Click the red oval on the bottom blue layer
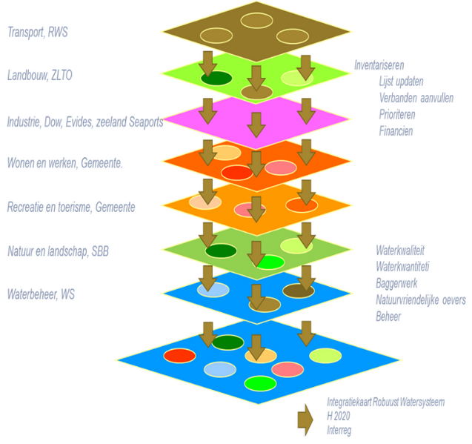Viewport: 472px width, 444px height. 179,356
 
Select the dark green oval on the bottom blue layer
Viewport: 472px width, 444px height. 227,342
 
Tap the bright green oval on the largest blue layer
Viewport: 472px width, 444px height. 260,383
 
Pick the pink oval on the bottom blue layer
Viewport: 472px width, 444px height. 288,368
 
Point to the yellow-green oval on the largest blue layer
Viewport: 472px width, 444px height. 325,356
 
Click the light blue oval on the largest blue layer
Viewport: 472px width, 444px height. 219,368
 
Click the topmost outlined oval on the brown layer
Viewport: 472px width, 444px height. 256,20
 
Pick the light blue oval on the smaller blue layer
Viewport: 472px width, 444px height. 212,290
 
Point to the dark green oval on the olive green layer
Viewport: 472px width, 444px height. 221,251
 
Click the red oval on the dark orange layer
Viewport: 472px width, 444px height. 237,173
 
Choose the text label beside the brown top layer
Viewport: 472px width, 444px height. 38,32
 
